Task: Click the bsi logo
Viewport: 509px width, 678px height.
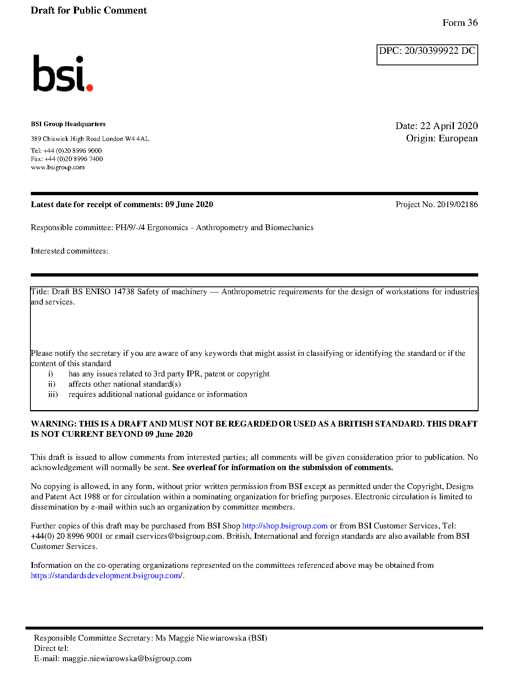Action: pyautogui.click(x=62, y=74)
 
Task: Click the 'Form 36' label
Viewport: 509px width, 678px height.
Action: pyautogui.click(x=460, y=23)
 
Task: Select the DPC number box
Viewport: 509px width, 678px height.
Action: pyautogui.click(x=427, y=55)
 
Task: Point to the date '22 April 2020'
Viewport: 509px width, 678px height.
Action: pyautogui.click(x=449, y=126)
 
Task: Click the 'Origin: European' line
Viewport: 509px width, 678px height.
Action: pyautogui.click(x=442, y=138)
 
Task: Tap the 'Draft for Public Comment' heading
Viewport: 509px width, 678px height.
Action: pyautogui.click(x=88, y=11)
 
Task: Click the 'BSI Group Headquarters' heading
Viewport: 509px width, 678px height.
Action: pyautogui.click(x=68, y=124)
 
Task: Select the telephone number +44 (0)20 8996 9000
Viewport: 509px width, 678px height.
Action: pyautogui.click(x=72, y=151)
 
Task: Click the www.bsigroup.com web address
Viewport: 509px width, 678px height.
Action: pyautogui.click(x=58, y=167)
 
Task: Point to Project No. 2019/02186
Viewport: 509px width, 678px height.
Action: pyautogui.click(x=436, y=205)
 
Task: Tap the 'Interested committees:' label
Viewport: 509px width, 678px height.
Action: pyautogui.click(x=69, y=251)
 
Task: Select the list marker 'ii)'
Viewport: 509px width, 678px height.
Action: pyautogui.click(x=52, y=384)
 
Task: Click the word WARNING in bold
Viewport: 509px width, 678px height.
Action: pyautogui.click(x=53, y=424)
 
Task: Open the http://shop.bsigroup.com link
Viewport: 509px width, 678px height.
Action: pyautogui.click(x=285, y=526)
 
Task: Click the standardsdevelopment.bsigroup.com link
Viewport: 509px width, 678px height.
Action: pyautogui.click(x=106, y=576)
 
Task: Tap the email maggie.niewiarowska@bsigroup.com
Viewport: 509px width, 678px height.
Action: pyautogui.click(x=127, y=659)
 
